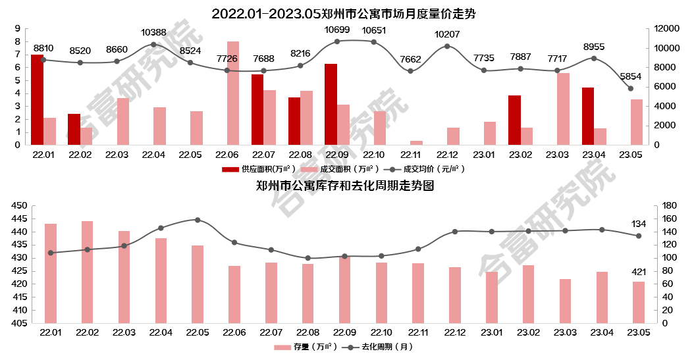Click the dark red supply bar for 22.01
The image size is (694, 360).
pos(37,100)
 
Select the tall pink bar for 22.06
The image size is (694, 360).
pos(233,93)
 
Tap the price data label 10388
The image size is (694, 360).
pos(153,32)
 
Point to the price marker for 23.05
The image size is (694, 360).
pos(630,88)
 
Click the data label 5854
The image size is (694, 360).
pos(630,76)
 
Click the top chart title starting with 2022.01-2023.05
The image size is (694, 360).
pos(343,13)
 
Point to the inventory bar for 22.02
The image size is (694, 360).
pos(87,272)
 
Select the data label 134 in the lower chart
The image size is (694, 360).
pos(639,224)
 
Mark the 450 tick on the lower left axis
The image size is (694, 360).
pos(20,206)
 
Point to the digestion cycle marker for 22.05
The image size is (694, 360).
pos(198,220)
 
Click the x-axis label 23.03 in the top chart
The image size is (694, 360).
pos(557,155)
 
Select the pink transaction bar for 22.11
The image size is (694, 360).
pos(416,143)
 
